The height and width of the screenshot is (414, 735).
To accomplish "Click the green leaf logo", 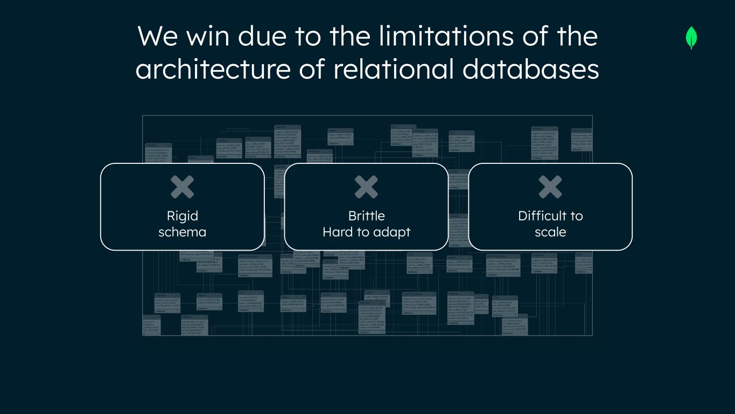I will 691,38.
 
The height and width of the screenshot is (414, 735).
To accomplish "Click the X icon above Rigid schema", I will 183,187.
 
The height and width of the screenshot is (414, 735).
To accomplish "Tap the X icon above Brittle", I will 366,187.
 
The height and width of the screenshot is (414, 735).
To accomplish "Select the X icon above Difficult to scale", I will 550,187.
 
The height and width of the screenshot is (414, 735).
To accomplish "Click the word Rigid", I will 183,216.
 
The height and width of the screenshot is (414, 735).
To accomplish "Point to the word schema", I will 183,232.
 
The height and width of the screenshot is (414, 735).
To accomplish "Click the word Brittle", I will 366,216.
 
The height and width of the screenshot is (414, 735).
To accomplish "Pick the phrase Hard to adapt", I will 366,232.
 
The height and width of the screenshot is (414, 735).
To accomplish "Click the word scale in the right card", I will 550,232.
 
